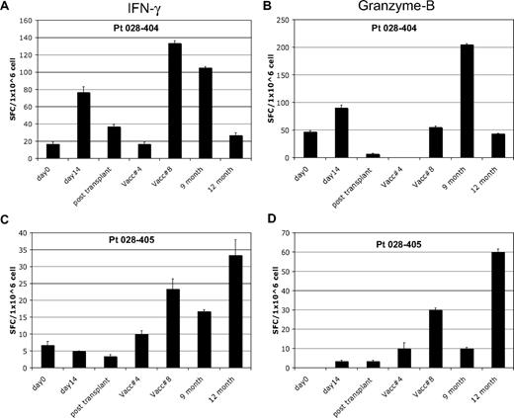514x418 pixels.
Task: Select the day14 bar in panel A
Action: (x=84, y=125)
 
